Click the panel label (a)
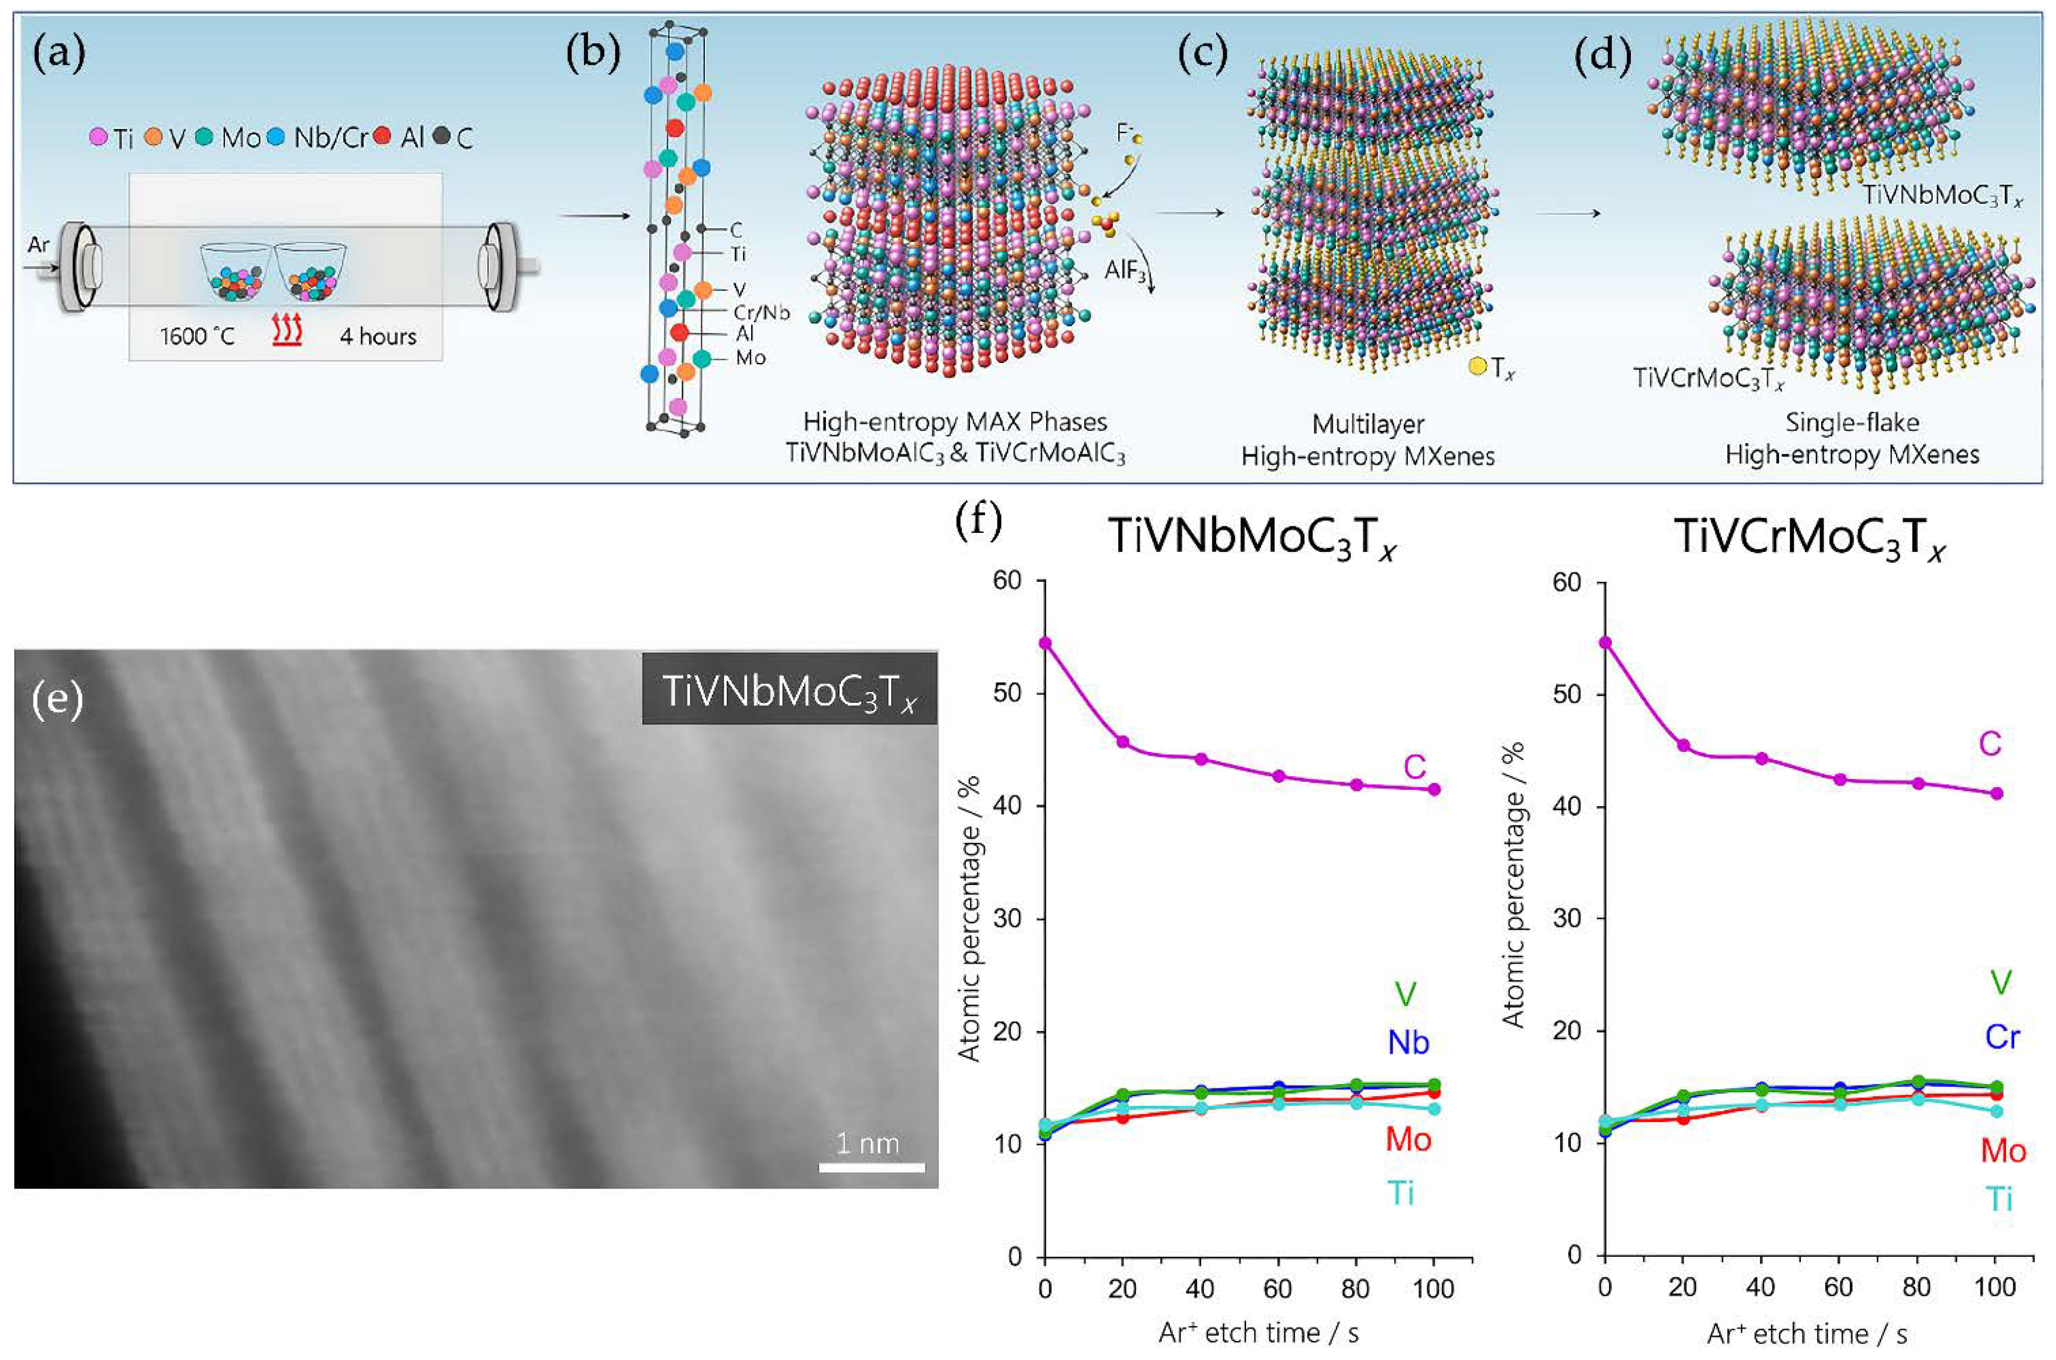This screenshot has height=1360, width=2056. (58, 55)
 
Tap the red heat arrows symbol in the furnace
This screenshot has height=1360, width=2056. (287, 332)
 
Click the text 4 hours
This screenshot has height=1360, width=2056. (378, 337)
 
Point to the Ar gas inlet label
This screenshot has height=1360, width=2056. (38, 245)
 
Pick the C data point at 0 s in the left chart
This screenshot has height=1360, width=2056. (1045, 643)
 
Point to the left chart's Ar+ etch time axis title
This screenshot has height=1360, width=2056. (1258, 1332)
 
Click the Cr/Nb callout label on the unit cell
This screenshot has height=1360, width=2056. (762, 312)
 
